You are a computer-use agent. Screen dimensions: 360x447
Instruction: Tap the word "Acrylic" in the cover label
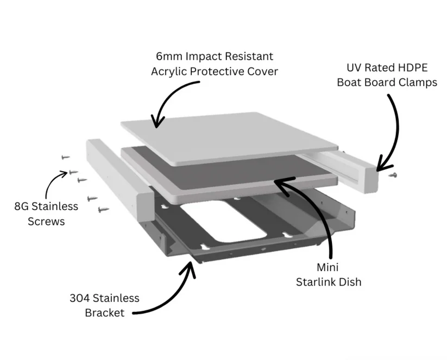(x=172, y=72)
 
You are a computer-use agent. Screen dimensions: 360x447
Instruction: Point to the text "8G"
(x=22, y=206)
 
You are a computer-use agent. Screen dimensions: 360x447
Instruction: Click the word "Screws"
(x=46, y=221)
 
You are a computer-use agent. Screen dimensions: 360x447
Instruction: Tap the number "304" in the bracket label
(x=81, y=298)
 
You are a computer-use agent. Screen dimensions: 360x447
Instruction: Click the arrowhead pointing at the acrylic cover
(x=157, y=123)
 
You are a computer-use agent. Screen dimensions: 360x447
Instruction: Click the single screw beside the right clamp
(x=394, y=175)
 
